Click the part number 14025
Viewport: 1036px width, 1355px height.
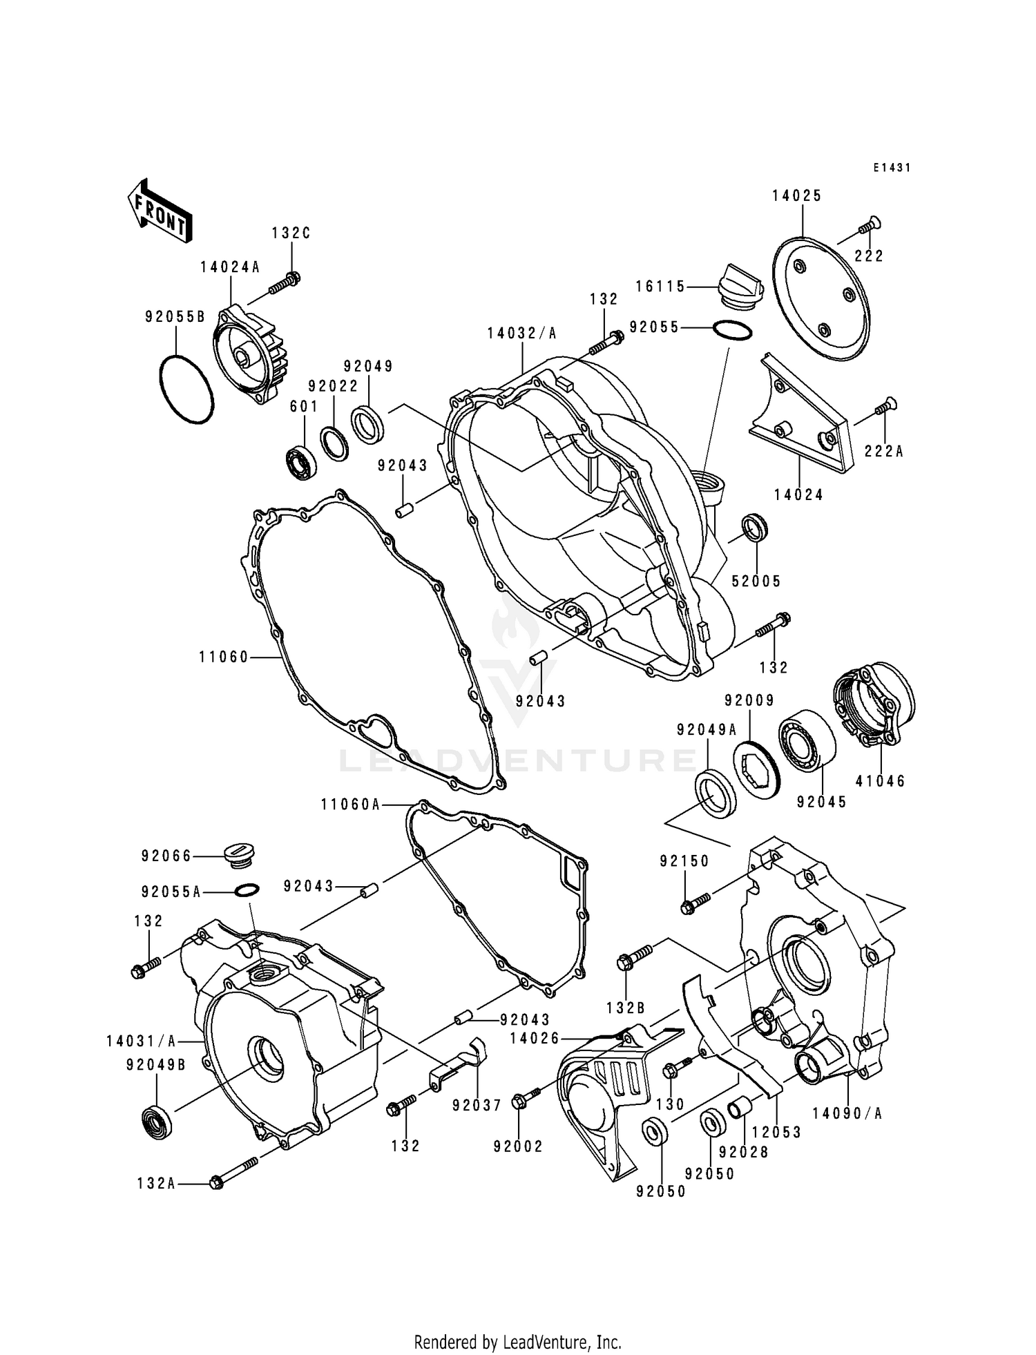pos(796,196)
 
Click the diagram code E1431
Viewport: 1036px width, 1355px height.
pos(892,168)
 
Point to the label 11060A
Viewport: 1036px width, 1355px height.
pos(350,805)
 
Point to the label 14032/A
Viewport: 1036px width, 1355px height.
pos(521,334)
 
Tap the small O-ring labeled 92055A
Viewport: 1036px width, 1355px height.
pos(248,890)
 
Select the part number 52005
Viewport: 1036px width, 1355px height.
pos(756,582)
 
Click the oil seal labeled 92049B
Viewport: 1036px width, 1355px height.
pos(157,1122)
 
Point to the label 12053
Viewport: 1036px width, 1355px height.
pos(776,1132)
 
